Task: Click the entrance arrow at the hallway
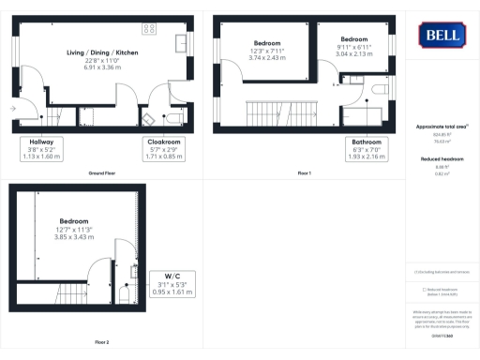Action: pyautogui.click(x=12, y=109)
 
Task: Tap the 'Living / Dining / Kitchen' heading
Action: pyautogui.click(x=102, y=52)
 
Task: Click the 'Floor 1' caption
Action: pyautogui.click(x=304, y=174)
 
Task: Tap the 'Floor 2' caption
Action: pyautogui.click(x=100, y=342)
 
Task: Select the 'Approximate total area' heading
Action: pyautogui.click(x=441, y=126)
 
